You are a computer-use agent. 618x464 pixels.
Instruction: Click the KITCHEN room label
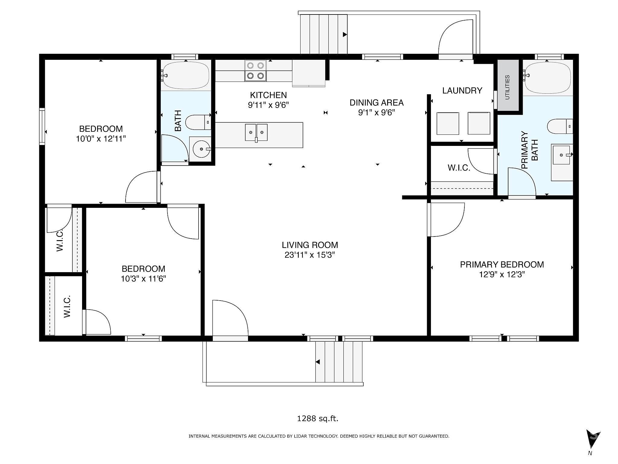point(268,95)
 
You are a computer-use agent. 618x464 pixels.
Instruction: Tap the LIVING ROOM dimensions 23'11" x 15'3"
point(310,255)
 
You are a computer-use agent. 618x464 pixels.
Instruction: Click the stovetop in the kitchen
point(255,71)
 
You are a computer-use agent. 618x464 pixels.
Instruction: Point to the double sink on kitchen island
point(256,132)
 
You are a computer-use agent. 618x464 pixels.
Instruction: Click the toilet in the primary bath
point(560,126)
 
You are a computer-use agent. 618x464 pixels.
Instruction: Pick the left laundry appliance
point(448,123)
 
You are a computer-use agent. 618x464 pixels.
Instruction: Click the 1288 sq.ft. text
point(318,418)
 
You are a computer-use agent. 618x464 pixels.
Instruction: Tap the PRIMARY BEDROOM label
point(502,265)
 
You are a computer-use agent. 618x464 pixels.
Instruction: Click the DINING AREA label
point(377,103)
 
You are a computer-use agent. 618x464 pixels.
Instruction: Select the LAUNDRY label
point(462,91)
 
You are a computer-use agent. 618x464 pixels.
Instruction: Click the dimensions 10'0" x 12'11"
point(101,139)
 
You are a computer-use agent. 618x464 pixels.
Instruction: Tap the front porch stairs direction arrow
point(317,362)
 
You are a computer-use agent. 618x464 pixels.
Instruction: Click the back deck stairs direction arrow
point(345,35)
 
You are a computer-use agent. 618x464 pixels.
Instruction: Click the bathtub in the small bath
point(186,75)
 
